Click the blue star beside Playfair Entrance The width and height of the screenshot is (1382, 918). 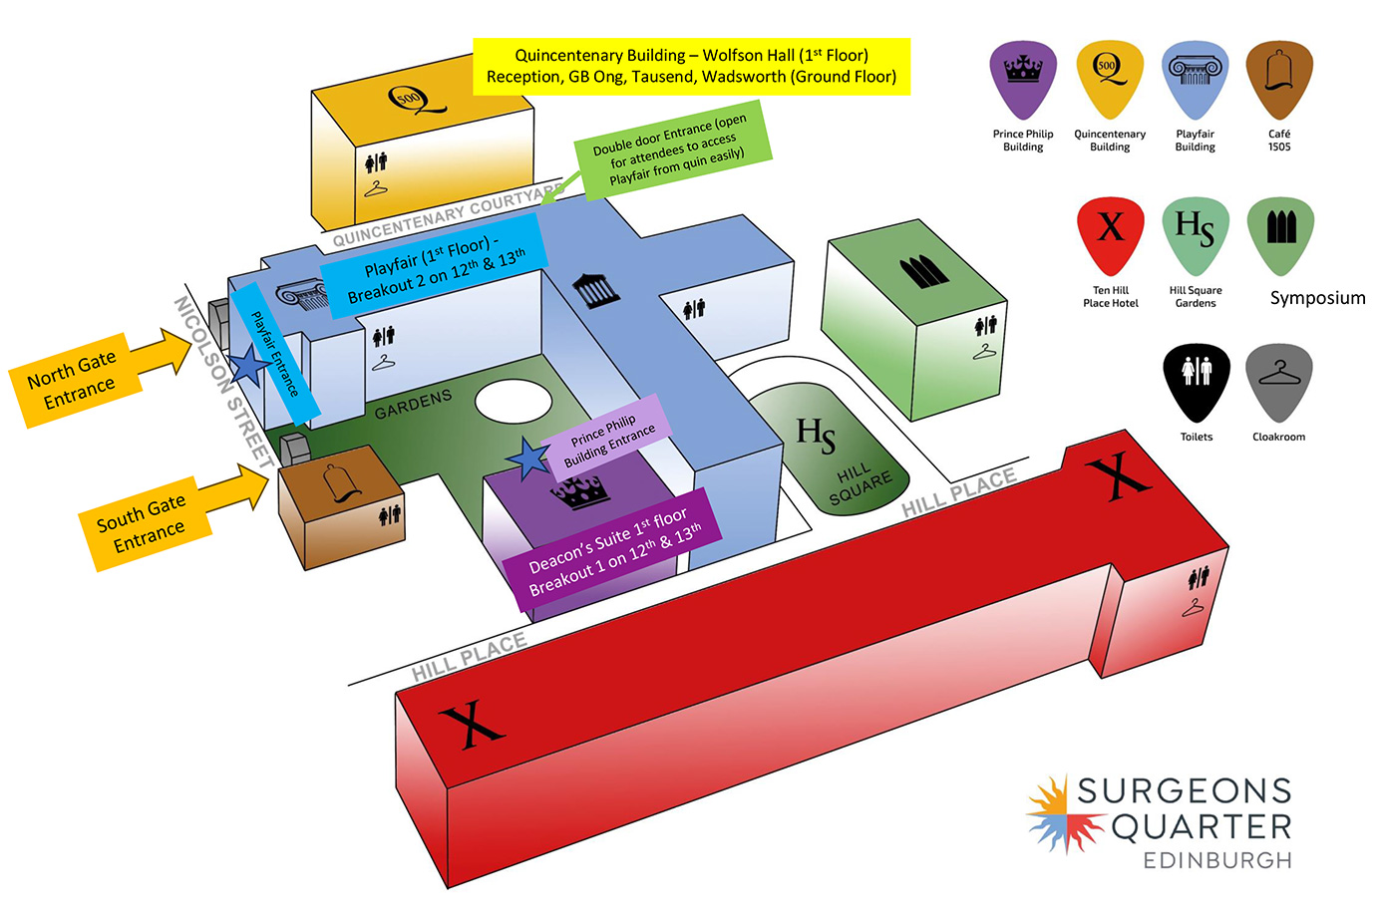(x=248, y=366)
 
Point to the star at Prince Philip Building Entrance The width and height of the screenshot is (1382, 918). (x=528, y=459)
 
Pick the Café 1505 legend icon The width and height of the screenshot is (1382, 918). (x=1279, y=80)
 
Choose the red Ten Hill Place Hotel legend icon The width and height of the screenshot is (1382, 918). (x=1110, y=235)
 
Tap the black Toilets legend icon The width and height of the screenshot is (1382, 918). (x=1196, y=381)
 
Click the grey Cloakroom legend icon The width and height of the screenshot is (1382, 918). (x=1279, y=381)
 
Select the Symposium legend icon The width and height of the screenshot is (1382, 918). (x=1280, y=235)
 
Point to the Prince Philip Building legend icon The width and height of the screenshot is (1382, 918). (x=1023, y=80)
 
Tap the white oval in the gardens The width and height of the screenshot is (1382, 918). (x=513, y=401)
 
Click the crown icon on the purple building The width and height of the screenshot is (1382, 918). (x=579, y=491)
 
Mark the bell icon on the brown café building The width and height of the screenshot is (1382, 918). (x=340, y=484)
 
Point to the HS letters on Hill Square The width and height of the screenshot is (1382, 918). (x=816, y=435)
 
